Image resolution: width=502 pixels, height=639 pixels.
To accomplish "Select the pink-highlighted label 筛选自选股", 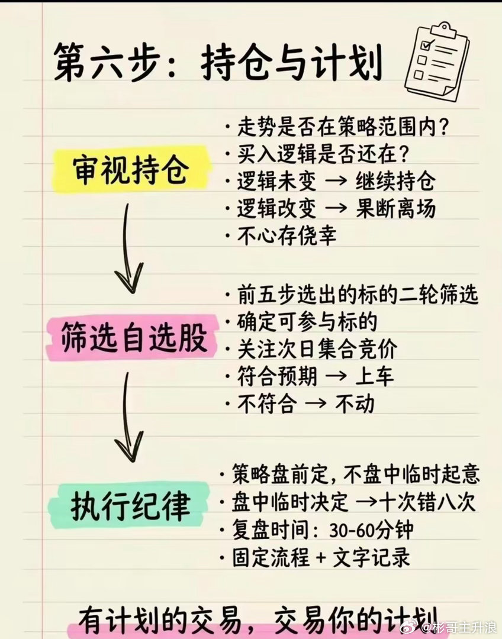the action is [134, 338].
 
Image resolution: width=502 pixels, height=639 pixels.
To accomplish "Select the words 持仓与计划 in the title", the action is [291, 63].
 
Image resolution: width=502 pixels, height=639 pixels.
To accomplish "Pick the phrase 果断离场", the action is [395, 208].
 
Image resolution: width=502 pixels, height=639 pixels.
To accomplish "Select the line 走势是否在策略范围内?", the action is [340, 127].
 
